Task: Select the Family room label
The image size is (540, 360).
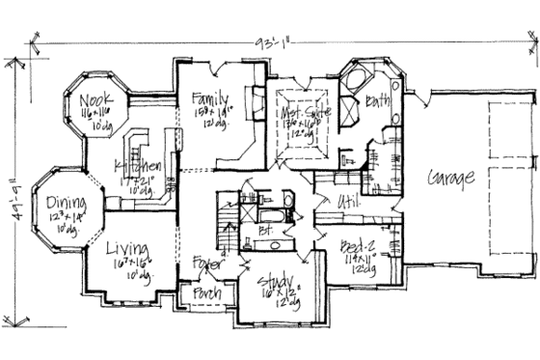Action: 210,98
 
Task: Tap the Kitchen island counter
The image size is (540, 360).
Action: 145,135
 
